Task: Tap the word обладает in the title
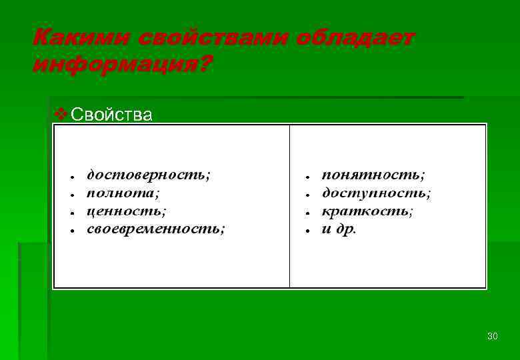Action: pyautogui.click(x=355, y=37)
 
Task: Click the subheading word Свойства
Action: pyautogui.click(x=111, y=115)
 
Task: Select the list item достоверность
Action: pyautogui.click(x=148, y=175)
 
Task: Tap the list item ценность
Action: pyautogui.click(x=127, y=211)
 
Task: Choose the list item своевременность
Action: pyautogui.click(x=155, y=229)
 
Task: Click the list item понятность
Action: pyautogui.click(x=373, y=175)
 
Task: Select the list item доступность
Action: pyautogui.click(x=376, y=193)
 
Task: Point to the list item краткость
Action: pyautogui.click(x=367, y=211)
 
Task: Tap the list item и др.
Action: pyautogui.click(x=339, y=229)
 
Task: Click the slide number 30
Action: pyautogui.click(x=492, y=336)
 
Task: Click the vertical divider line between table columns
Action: pyautogui.click(x=290, y=267)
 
